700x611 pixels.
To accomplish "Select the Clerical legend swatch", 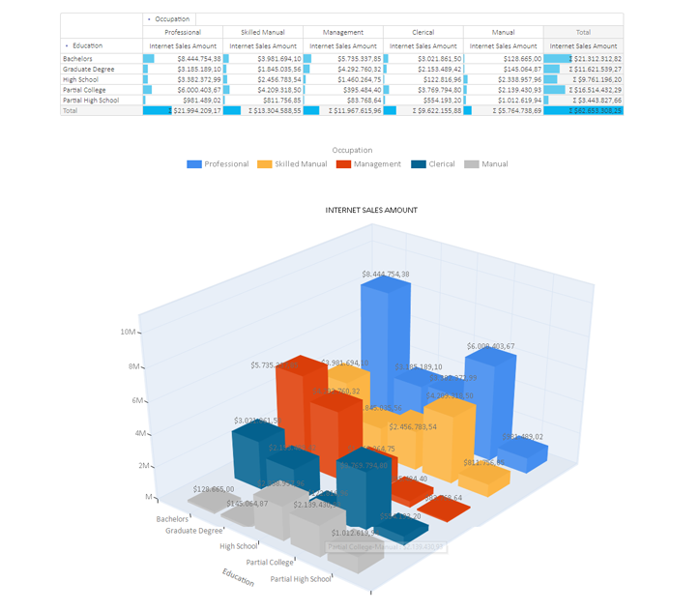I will [418, 164].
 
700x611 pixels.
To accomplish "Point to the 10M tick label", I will [127, 332].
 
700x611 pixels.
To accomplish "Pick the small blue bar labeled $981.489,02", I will [522, 454].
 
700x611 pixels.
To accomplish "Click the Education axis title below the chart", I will [238, 577].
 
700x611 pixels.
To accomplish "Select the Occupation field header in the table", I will [172, 18].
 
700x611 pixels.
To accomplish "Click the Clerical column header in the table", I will [422, 32].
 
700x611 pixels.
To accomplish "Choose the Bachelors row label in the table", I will [80, 59].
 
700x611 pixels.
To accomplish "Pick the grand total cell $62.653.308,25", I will [583, 111].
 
